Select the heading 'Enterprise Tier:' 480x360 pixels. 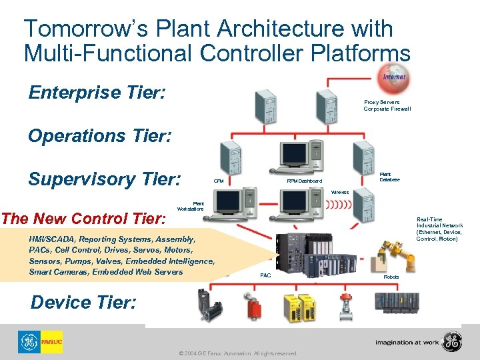97,92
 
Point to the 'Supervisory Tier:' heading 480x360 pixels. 104,179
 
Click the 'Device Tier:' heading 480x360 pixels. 84,302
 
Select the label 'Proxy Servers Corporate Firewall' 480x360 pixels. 387,105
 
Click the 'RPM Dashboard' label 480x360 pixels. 304,181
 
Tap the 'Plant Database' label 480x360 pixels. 389,177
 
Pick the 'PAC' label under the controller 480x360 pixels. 265,275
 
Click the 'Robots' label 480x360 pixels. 391,276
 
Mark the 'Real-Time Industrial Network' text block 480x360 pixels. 439,229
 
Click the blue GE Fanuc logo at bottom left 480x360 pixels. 40,342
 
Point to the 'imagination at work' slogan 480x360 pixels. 407,342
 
